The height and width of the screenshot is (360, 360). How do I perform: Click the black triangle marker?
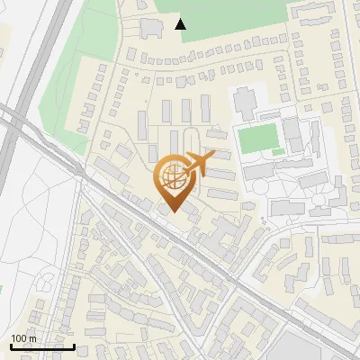[181, 23]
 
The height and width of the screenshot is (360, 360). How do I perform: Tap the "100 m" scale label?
[23, 338]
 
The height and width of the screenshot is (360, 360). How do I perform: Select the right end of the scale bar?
[74, 346]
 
